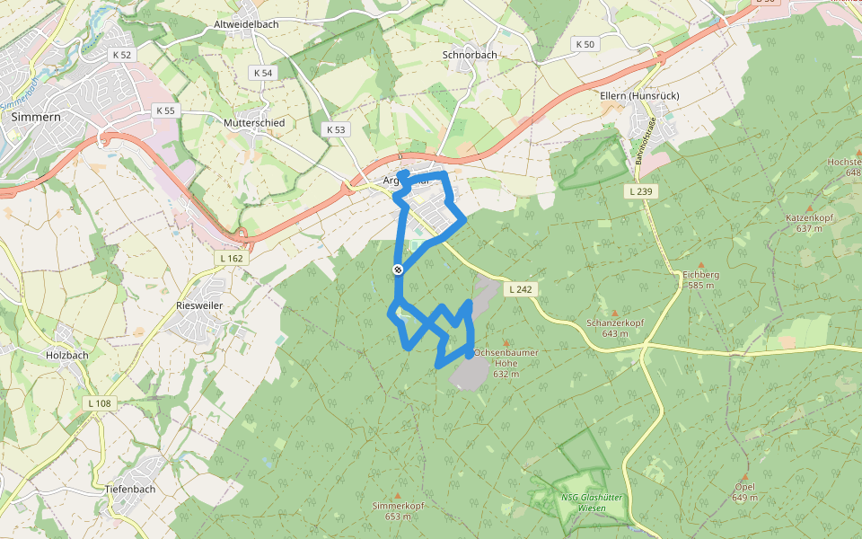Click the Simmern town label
[37, 117]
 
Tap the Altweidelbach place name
[247, 24]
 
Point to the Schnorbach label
[470, 55]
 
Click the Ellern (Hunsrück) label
[639, 95]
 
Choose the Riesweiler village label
[199, 305]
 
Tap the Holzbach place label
[67, 355]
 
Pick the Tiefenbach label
[130, 489]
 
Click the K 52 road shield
[122, 55]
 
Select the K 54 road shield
[262, 73]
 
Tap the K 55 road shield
[165, 110]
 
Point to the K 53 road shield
[336, 130]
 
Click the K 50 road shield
[584, 44]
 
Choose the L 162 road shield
[231, 258]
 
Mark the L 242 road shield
[520, 289]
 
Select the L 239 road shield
[639, 190]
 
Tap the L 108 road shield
[100, 403]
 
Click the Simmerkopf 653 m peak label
[398, 510]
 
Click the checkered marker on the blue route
[397, 269]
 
